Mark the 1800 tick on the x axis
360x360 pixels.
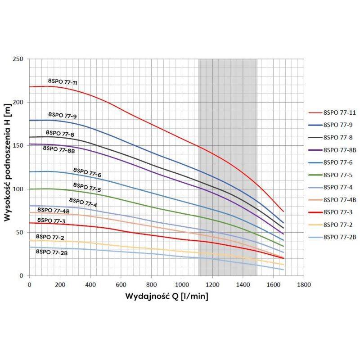(304, 285)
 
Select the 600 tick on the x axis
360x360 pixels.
(121, 285)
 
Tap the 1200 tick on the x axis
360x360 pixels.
(212, 285)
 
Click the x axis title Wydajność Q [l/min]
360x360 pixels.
(166, 297)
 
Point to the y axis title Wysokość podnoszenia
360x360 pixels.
(8, 167)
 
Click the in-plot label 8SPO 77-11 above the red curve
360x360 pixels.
(63, 81)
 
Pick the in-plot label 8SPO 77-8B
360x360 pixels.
(58, 149)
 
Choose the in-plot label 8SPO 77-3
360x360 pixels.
(51, 220)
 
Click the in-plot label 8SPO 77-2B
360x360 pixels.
(51, 252)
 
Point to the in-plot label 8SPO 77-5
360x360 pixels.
(87, 186)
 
